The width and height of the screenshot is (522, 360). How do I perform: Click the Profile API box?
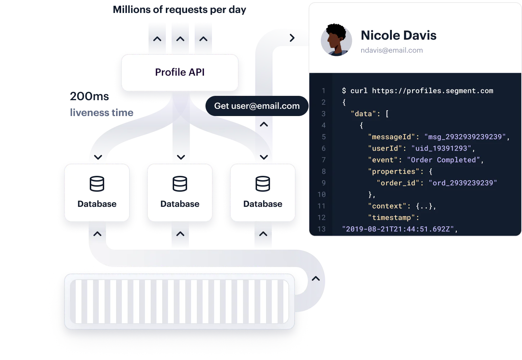180,72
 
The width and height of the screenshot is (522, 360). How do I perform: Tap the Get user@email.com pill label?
257,106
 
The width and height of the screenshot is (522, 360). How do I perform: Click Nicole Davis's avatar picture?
336,40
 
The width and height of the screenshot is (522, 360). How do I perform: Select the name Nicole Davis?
398,35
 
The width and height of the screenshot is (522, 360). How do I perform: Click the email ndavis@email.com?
391,50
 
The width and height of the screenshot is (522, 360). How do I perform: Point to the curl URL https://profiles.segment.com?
432,91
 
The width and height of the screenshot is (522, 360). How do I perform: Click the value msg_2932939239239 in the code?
465,137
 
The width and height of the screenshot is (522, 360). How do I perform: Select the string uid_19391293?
441,148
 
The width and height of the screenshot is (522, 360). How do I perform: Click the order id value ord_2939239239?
463,183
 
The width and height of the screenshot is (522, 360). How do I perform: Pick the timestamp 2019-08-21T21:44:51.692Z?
398,229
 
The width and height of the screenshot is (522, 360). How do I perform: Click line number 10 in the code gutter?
321,195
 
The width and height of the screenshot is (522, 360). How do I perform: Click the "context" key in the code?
387,206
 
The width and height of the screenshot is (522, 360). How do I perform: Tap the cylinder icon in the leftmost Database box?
97,184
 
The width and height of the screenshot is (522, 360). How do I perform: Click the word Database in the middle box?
180,204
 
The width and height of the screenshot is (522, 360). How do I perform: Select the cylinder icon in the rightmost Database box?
262,184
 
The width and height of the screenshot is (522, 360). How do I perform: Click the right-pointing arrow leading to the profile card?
292,38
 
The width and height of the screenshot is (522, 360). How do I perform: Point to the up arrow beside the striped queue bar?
315,279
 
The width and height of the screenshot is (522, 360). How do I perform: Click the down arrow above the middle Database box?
181,157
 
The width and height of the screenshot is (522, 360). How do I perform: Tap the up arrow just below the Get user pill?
264,124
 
